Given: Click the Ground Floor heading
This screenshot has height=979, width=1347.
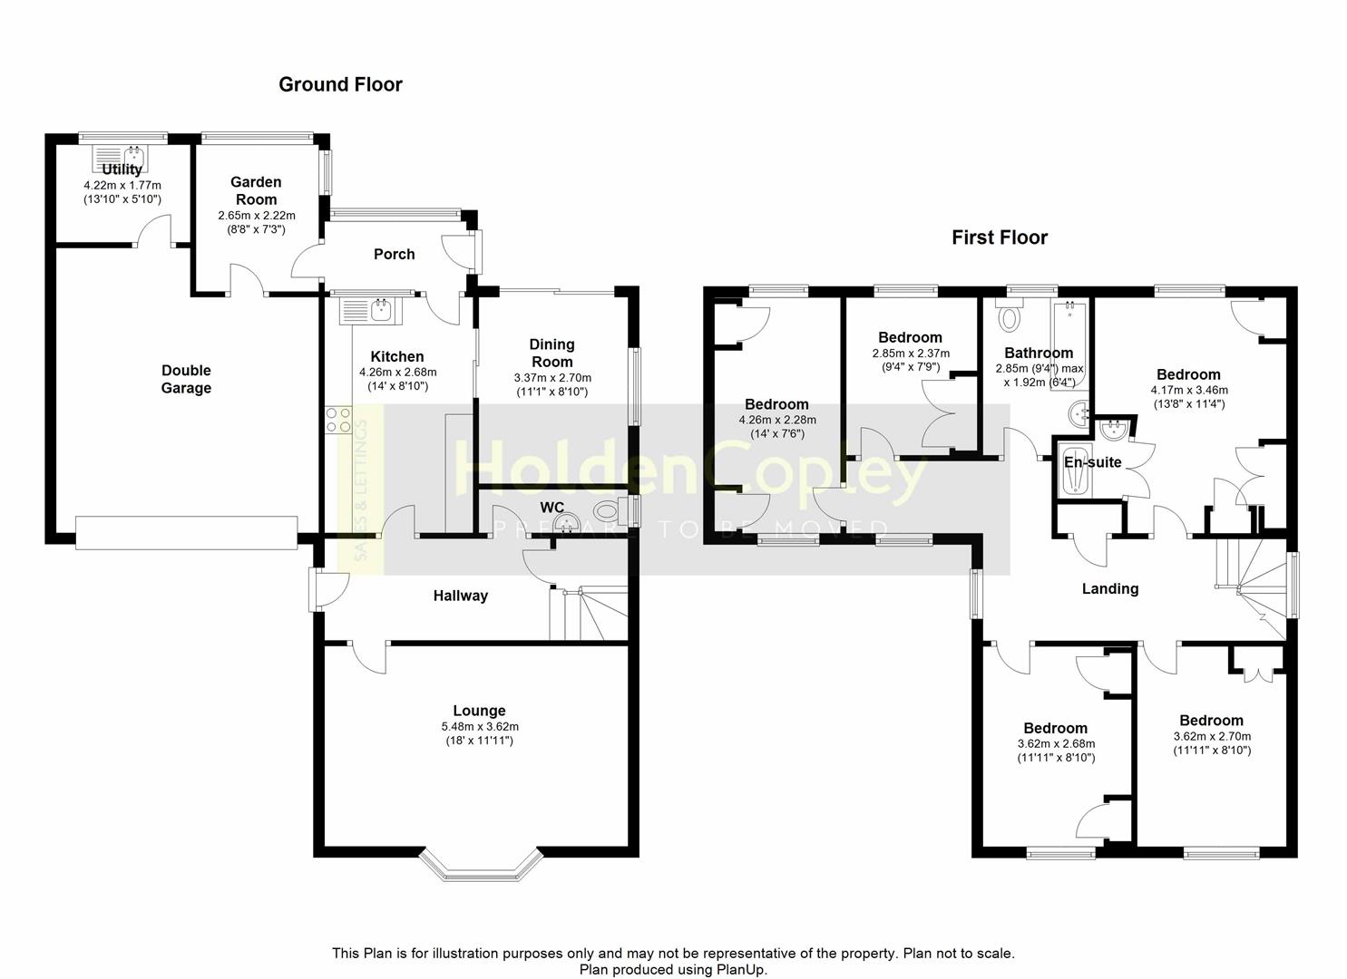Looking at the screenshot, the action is pos(340,84).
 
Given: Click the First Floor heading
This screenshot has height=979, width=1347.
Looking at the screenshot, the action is pos(1000,237).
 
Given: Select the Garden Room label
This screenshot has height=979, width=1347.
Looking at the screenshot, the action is pos(256,190).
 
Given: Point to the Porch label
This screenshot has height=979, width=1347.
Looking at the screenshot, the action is pos(394,254).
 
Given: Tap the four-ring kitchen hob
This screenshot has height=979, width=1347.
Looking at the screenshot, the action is pos(338,420).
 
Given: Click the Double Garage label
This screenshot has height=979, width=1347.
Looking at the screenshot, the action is pos(186,379).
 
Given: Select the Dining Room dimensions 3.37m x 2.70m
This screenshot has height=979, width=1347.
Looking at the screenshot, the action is pos(552,378).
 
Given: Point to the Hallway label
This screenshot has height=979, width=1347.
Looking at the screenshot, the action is pos(461,596).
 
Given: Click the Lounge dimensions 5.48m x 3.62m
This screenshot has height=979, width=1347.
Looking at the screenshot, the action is pos(479,727).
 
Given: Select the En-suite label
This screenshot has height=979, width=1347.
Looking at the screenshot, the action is pos(1093,462).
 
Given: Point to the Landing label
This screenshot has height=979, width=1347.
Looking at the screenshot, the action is pos(1110,588).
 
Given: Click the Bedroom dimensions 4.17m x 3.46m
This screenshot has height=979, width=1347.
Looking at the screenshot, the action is pos(1189,390).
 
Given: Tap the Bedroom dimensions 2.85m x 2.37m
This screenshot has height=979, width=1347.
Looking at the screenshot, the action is pos(911,354).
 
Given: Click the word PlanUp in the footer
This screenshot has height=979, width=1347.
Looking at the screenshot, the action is pos(740,969).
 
